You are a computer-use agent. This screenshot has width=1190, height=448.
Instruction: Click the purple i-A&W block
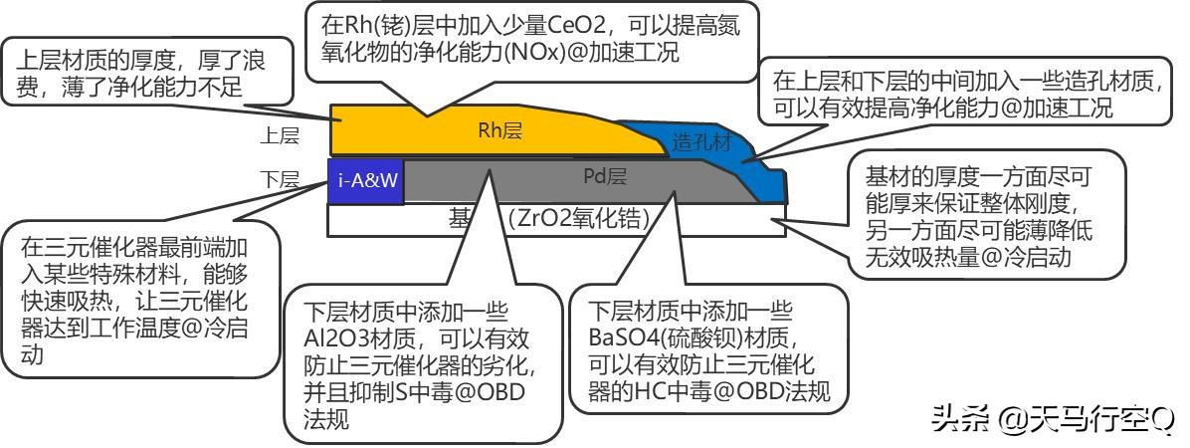pyautogui.click(x=365, y=180)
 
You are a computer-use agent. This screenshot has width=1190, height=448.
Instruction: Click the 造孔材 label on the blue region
pyautogui.click(x=701, y=142)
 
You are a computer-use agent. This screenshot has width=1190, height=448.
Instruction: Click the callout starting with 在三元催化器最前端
pyautogui.click(x=139, y=298)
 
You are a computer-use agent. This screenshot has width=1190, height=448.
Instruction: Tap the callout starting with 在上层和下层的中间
pyautogui.click(x=965, y=94)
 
